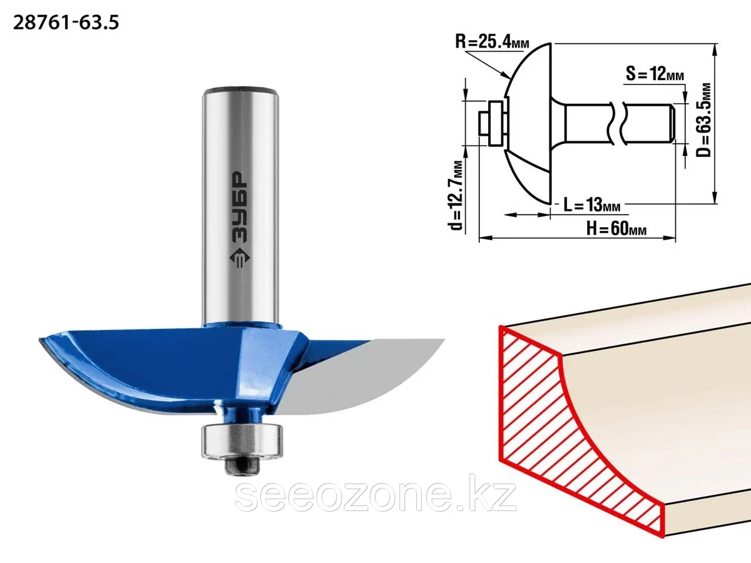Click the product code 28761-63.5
(x=66, y=23)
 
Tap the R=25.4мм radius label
(x=492, y=42)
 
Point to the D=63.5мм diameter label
(x=704, y=119)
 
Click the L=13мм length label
(x=591, y=205)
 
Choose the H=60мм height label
(x=616, y=228)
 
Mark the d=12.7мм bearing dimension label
(x=456, y=195)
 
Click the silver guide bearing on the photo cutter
(x=242, y=440)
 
